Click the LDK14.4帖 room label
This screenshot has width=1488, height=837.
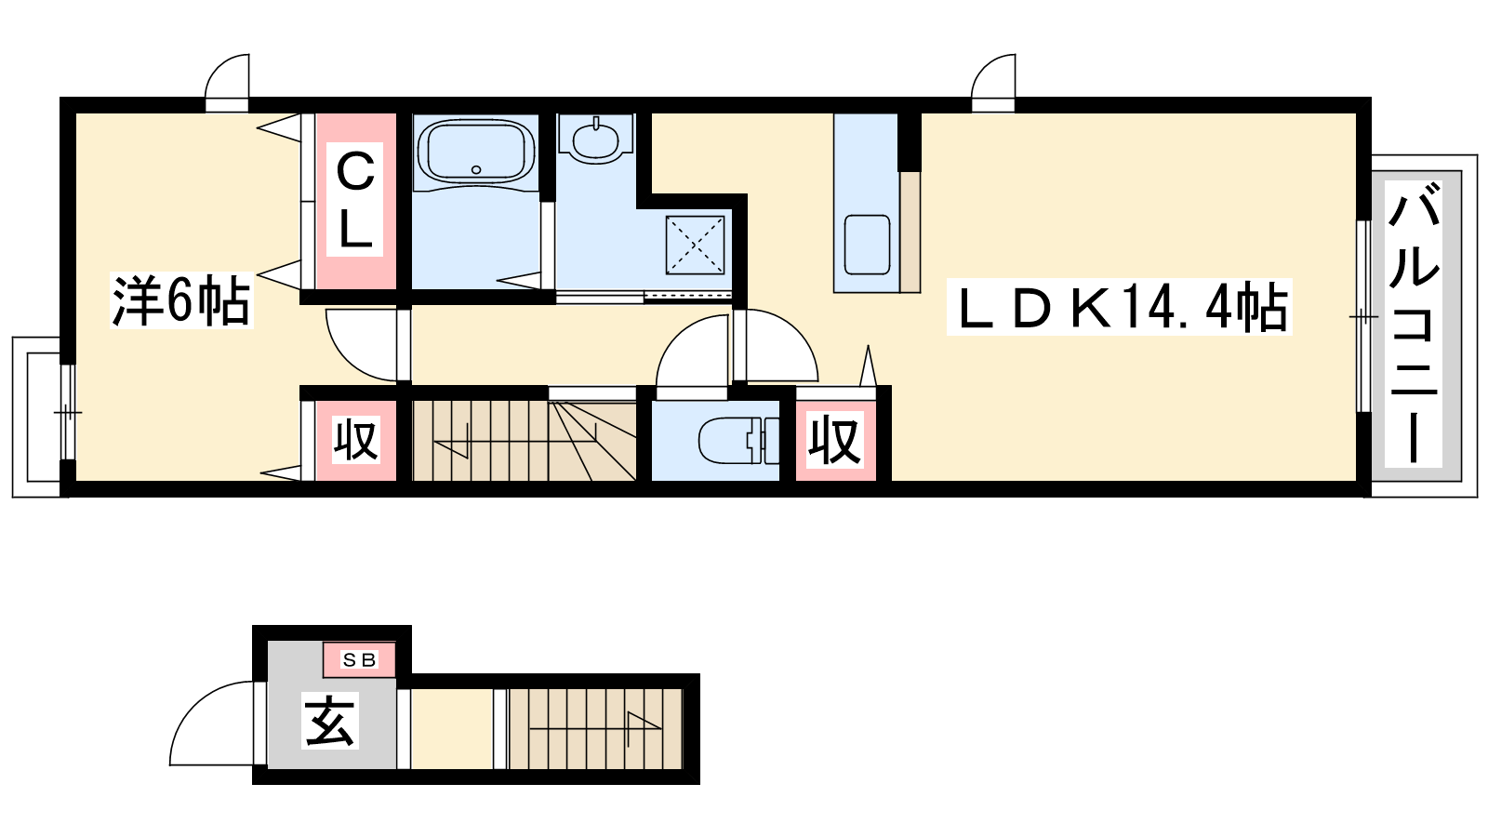tap(1119, 308)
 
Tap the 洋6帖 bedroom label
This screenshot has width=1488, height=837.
tap(180, 300)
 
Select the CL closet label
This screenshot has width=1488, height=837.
tap(355, 200)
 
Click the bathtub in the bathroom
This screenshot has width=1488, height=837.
tap(475, 151)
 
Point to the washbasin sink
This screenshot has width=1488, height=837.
tap(595, 140)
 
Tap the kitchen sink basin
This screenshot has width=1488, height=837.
tap(867, 244)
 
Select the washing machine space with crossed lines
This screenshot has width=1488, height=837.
tap(695, 245)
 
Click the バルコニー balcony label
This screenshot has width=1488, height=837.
tap(1413, 323)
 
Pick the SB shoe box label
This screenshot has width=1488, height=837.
tap(359, 659)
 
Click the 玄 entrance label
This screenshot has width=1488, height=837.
tap(330, 722)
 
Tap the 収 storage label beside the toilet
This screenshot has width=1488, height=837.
tap(834, 440)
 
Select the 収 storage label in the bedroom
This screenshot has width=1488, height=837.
tap(355, 439)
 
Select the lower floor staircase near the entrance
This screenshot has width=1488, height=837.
tap(594, 728)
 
